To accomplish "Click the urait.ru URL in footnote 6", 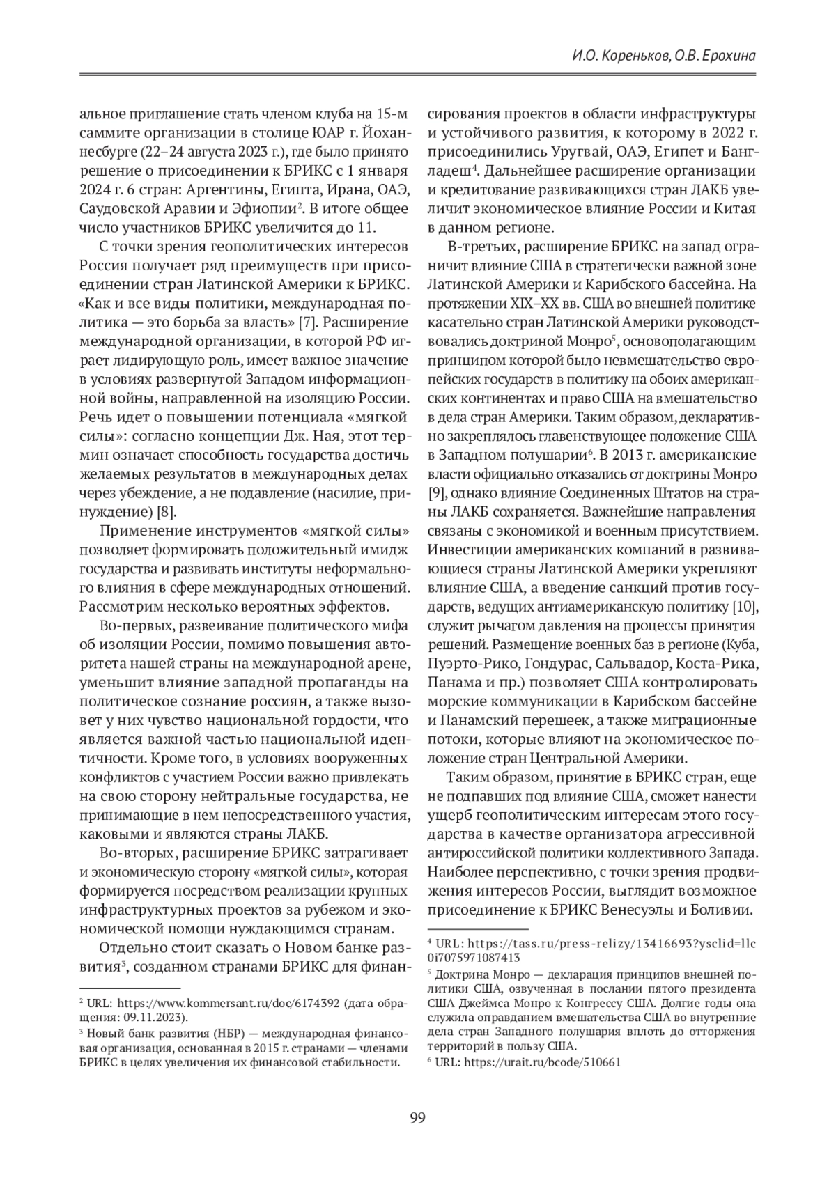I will tap(541, 1062).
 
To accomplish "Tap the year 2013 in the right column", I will tap(614, 456).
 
